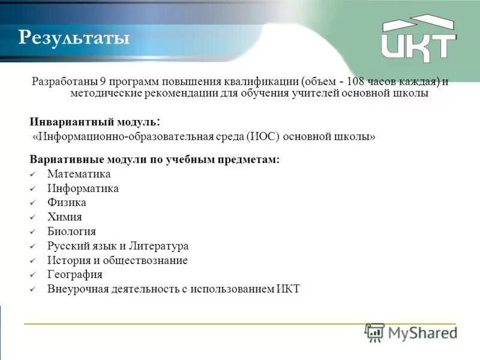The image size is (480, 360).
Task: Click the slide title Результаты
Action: (x=74, y=38)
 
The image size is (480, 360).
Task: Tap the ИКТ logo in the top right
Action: (x=419, y=38)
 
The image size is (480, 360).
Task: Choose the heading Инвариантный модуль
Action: (x=94, y=121)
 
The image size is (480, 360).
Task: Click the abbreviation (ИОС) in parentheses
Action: (x=260, y=137)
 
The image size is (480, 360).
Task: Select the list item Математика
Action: (x=79, y=174)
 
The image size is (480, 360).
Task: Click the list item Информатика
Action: (x=83, y=188)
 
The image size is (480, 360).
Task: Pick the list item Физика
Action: (x=67, y=203)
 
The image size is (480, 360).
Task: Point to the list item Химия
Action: (x=64, y=217)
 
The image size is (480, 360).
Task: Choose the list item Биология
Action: (x=71, y=232)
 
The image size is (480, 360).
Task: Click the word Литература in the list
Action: (x=161, y=246)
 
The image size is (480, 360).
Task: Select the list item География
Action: (x=74, y=275)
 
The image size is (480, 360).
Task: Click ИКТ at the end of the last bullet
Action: (x=288, y=289)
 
